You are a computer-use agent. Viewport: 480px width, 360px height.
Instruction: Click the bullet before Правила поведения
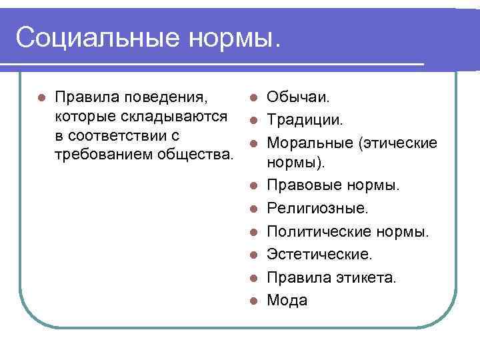(x=41, y=98)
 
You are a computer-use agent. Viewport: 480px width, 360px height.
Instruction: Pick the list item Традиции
(x=305, y=121)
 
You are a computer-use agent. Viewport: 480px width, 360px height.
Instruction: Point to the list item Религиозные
(x=317, y=209)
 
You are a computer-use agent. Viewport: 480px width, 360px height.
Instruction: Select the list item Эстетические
(x=320, y=255)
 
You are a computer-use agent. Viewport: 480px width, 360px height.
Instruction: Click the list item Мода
(x=287, y=301)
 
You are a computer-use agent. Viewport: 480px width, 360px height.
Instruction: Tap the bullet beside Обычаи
(x=253, y=99)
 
